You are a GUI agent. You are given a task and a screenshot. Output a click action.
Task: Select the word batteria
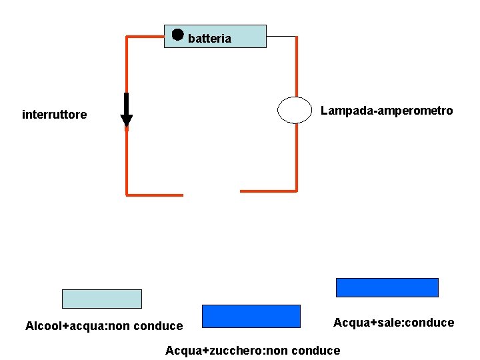point(209,39)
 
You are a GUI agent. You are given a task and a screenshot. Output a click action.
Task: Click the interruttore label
point(54,115)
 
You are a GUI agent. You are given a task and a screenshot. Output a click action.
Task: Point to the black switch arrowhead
point(126,121)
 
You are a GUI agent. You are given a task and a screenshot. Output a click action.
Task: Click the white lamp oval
point(295,110)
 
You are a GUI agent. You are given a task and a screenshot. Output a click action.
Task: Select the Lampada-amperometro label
point(387,111)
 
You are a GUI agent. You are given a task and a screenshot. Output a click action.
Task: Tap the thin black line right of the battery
point(281,37)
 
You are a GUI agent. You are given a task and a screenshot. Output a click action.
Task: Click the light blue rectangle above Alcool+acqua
point(101,299)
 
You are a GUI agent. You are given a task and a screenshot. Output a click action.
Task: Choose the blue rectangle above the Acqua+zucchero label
point(251,316)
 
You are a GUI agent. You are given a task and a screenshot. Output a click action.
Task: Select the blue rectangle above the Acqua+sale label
point(387,287)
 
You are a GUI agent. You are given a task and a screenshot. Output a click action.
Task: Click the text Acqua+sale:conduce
point(393,323)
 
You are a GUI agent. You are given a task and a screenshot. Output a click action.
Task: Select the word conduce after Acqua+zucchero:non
point(315,351)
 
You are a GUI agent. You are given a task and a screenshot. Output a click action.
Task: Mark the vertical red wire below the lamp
point(297,157)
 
